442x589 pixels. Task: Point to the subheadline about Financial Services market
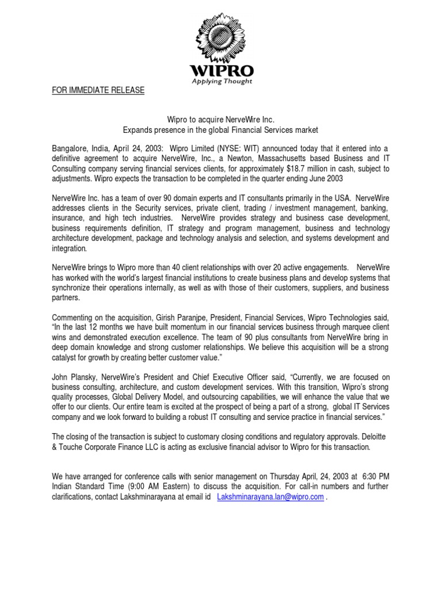[x=220, y=131]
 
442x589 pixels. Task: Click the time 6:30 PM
[x=374, y=477]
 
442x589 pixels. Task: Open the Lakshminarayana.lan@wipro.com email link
[x=270, y=498]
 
